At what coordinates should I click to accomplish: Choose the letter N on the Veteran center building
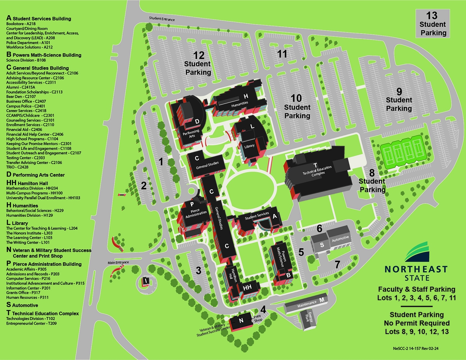(x=241, y=321)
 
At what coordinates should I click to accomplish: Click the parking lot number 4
(x=263, y=310)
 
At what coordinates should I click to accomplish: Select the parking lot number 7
(x=337, y=265)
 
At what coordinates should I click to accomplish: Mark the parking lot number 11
(x=282, y=54)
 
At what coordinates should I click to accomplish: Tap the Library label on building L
(x=249, y=146)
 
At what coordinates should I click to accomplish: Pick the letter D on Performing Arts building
(x=197, y=121)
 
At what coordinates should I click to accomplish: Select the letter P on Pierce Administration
(x=192, y=204)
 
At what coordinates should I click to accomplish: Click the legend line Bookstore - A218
(x=21, y=24)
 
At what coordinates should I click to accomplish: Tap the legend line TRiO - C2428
(x=17, y=167)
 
